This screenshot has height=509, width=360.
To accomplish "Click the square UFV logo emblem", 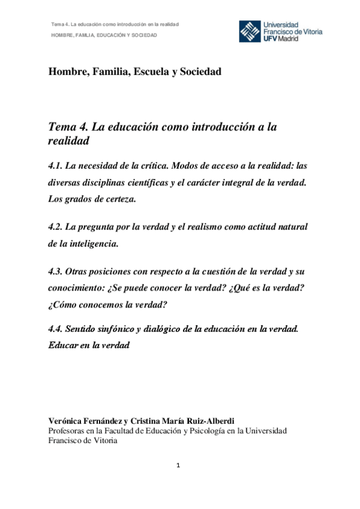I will (x=250, y=31).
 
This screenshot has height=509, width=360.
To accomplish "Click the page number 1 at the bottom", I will (x=179, y=466).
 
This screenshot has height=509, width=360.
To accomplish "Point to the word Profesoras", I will (x=68, y=430).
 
